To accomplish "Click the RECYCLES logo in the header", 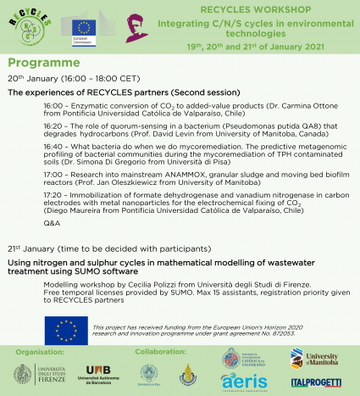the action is point(26,26).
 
